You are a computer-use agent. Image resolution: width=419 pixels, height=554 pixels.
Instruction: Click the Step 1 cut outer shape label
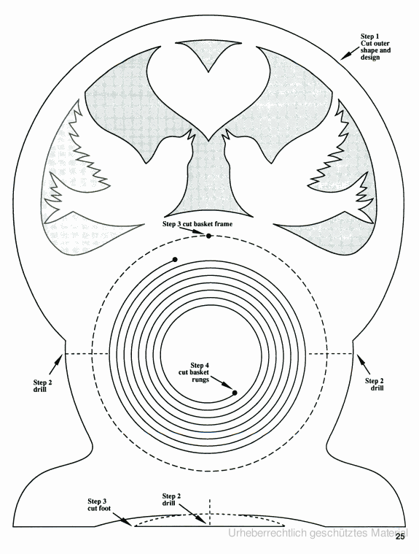375,47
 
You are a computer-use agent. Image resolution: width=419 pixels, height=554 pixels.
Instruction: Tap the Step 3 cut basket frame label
197,224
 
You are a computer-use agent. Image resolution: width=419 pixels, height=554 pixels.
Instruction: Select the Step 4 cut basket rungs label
194,372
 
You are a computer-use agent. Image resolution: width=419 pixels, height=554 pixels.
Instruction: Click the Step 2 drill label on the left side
43,386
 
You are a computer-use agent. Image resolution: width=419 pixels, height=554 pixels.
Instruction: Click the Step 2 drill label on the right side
375,385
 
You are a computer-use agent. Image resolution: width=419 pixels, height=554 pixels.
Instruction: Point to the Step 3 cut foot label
99,505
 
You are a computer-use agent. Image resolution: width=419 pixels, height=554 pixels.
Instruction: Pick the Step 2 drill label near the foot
171,499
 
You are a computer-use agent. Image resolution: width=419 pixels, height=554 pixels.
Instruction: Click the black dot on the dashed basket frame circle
209,236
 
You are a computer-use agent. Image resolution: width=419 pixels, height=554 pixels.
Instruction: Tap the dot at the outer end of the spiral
175,260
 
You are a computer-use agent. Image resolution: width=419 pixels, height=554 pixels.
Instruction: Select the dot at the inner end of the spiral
235,393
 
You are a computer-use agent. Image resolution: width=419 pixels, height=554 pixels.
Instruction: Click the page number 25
400,537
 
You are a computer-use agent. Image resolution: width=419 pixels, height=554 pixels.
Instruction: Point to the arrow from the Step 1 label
350,54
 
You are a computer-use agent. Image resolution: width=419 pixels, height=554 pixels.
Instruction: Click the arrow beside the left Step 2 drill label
56,365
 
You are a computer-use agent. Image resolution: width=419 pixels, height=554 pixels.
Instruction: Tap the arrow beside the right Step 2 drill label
364,364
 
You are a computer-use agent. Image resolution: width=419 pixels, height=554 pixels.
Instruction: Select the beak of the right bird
227,134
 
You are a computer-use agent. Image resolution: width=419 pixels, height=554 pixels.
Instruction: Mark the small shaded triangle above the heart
208,55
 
